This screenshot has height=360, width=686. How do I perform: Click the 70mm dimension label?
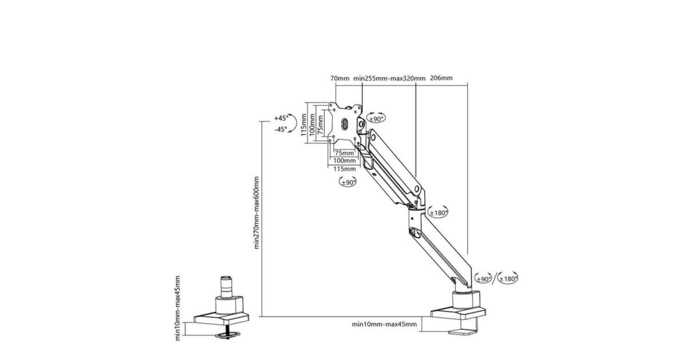pos(340,78)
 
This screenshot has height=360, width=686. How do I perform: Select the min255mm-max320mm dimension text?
pos(389,78)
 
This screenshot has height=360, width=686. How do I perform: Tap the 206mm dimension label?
pos(441,78)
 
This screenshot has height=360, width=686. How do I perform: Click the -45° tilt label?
pos(280,130)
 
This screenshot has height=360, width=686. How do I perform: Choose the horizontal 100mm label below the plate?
pos(344,161)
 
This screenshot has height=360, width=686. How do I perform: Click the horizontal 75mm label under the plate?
pos(344,153)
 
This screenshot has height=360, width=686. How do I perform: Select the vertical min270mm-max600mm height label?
pos(257,213)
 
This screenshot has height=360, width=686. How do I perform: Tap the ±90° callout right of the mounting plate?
pos(377,118)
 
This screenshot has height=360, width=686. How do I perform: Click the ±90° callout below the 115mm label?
pos(347,182)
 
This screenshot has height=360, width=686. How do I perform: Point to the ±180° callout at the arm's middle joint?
pos(438,212)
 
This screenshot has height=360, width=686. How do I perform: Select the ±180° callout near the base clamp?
pos(508,279)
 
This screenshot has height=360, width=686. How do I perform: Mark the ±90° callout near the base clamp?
pos(484,279)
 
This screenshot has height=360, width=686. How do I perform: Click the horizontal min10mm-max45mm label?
pos(384,325)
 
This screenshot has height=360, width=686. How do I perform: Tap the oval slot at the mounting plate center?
pos(345,123)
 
